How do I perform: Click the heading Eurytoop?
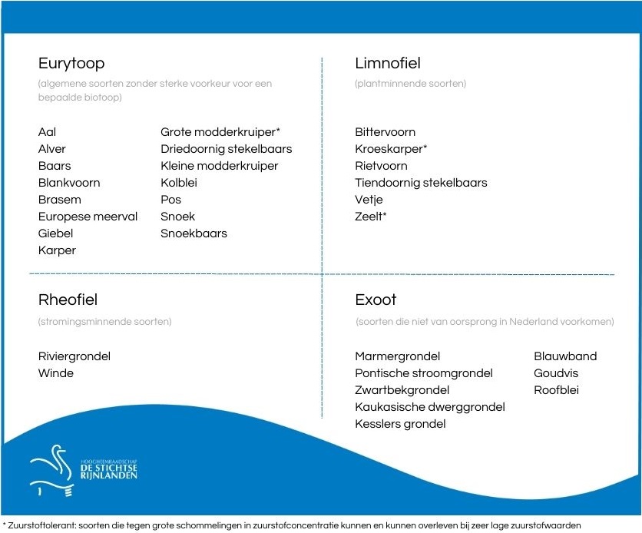coord(71,64)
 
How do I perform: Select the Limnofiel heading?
coord(388,63)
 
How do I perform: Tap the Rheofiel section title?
coord(68,300)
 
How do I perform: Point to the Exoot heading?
coord(376,300)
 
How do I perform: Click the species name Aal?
coord(47,132)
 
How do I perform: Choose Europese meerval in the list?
coord(88,217)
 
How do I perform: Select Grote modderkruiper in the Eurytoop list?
coord(218,132)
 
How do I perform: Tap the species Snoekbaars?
coord(194,233)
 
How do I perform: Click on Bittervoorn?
coord(386,132)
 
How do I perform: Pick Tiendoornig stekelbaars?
coord(421,183)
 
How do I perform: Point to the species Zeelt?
coord(369,216)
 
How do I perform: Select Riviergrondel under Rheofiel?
coord(74,356)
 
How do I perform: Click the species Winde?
coord(56,373)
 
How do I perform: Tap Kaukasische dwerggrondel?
coord(430,407)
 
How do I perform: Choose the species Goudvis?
coord(556,373)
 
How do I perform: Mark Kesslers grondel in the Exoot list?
coord(400,424)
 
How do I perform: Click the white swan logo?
coord(53,471)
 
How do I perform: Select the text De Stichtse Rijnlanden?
coord(109,472)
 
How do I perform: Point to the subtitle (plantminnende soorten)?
coord(411,84)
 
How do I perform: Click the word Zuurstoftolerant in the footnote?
coord(41,525)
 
